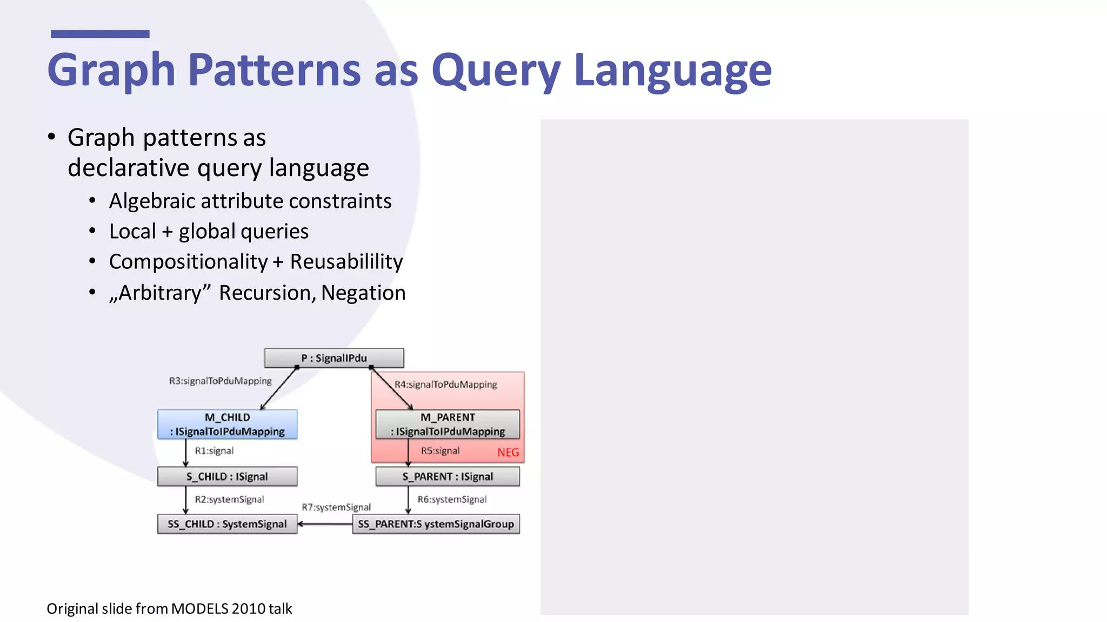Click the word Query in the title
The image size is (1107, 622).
click(x=496, y=70)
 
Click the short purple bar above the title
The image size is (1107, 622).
click(x=100, y=34)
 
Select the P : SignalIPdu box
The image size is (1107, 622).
click(x=334, y=358)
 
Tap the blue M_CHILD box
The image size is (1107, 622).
click(x=227, y=424)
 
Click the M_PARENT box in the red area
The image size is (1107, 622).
click(x=448, y=424)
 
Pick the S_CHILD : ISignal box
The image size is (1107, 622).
click(x=227, y=477)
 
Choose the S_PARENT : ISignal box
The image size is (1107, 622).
click(x=448, y=477)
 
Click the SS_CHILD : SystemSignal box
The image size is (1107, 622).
click(x=227, y=524)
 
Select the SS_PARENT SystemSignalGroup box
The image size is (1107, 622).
click(x=436, y=524)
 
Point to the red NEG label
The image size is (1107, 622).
click(x=508, y=452)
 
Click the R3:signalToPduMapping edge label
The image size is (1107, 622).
click(x=221, y=381)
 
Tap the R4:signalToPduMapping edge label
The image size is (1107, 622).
click(x=445, y=384)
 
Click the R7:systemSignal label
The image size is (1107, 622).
click(x=336, y=508)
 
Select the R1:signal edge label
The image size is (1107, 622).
click(x=214, y=451)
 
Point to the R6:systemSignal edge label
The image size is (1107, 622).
click(x=452, y=499)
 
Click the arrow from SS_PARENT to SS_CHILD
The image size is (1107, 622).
click(x=324, y=524)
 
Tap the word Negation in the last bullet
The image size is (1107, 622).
click(x=363, y=293)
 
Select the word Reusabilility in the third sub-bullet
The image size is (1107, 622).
click(x=346, y=262)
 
